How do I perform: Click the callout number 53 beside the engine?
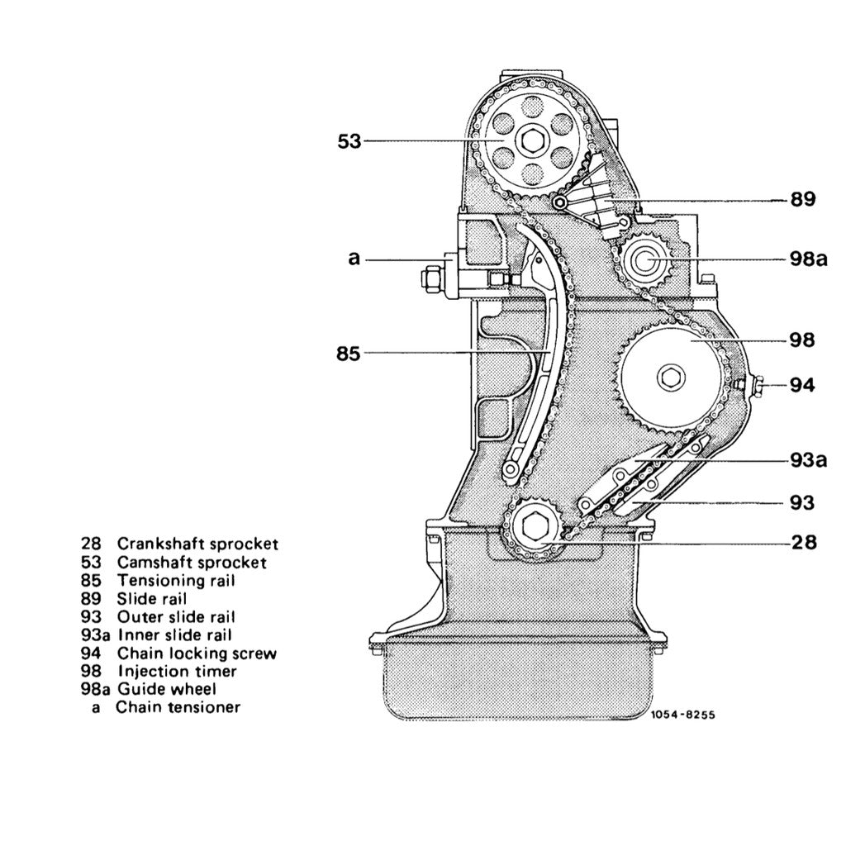[x=349, y=141]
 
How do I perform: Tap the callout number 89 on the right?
[x=801, y=199]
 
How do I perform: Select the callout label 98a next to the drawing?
[x=807, y=259]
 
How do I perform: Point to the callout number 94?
[x=801, y=385]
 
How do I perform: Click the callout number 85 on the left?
[x=349, y=354]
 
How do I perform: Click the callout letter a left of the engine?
[x=354, y=259]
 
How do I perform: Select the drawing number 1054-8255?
[x=682, y=716]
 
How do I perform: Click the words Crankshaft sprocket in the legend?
[x=197, y=544]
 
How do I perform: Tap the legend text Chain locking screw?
[x=197, y=653]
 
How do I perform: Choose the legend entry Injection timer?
[x=177, y=671]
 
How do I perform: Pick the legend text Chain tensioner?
[x=178, y=707]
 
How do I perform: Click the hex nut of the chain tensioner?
[x=429, y=277]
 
